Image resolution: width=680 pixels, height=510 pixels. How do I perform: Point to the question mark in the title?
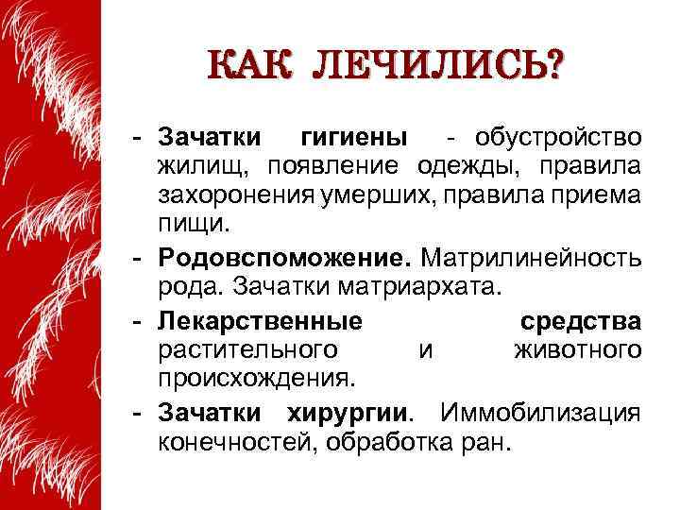click(548, 67)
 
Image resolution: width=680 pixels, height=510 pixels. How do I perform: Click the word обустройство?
click(560, 138)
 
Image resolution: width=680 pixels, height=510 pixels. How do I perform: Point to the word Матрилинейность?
click(531, 258)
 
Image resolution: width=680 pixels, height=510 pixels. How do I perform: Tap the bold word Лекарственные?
click(260, 320)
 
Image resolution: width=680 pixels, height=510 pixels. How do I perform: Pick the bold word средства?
click(581, 320)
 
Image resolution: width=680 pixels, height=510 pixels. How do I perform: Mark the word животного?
click(577, 350)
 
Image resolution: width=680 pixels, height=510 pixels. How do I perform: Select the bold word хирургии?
click(350, 413)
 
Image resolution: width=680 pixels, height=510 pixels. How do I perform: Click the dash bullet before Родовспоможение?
click(138, 258)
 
